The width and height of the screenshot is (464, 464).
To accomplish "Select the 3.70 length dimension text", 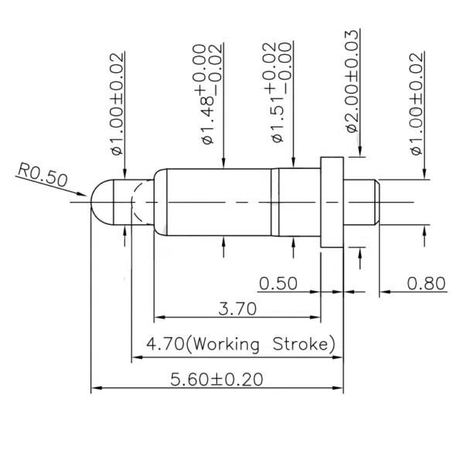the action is [237, 309].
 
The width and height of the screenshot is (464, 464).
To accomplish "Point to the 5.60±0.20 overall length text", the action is [217, 380].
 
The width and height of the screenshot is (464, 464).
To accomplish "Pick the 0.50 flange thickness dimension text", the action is [278, 283].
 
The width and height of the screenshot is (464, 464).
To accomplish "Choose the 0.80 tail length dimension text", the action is [426, 283].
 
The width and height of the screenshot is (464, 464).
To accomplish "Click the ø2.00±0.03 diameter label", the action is [352, 81].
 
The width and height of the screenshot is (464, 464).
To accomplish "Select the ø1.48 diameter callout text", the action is [208, 94].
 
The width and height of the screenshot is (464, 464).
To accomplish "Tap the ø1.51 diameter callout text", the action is [278, 92].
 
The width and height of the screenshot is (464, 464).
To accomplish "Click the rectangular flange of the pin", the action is [332, 203].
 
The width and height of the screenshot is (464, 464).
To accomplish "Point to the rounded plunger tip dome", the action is [102, 203].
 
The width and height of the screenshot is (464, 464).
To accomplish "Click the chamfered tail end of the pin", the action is [377, 203].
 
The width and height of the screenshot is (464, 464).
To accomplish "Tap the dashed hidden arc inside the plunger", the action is [142, 203].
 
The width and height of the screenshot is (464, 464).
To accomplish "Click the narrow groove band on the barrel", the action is [275, 203].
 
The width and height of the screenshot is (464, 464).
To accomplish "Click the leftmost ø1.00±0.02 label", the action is [118, 104].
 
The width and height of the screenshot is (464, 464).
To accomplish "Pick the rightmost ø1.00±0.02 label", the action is [417, 104].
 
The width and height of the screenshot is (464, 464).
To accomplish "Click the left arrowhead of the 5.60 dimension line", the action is [97, 387].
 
